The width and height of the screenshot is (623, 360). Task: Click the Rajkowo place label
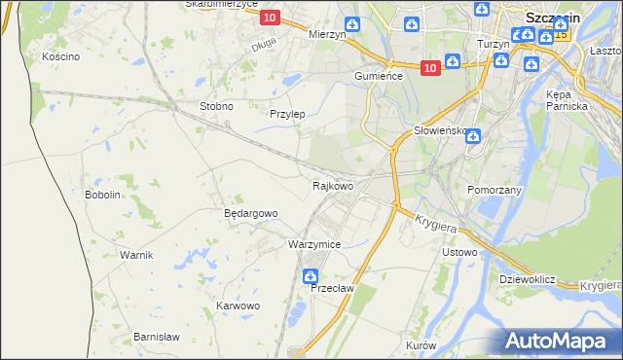332,185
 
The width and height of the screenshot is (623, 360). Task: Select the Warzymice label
313,244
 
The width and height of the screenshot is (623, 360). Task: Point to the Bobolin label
102,195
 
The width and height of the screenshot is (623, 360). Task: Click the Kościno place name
60,56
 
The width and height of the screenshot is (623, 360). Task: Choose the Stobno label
216,106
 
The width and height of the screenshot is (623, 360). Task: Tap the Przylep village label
287,114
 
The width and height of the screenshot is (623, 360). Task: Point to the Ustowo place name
459,253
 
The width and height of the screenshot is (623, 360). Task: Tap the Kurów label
421,345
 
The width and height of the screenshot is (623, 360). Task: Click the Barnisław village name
157,337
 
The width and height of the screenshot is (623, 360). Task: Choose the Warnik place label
136,255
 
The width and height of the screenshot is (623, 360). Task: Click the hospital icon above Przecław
311,274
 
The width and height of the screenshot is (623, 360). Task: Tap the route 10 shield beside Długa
270,18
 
